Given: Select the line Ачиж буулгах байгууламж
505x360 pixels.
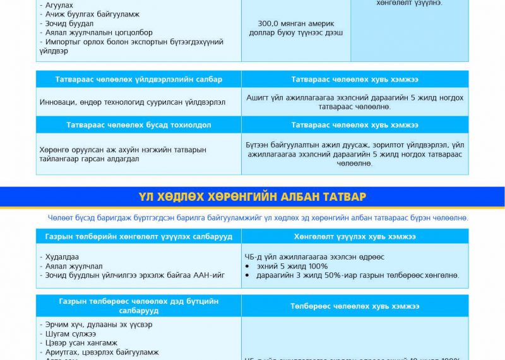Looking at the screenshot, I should point(90,14).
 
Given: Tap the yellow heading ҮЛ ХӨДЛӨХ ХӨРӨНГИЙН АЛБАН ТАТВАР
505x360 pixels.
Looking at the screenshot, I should point(252,197).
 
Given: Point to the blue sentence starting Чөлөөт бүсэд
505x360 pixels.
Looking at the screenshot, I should point(258,218).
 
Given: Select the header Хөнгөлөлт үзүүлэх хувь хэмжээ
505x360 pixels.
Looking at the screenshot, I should point(355,236).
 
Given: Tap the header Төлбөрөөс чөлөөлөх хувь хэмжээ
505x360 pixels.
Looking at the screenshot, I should point(355,306).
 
